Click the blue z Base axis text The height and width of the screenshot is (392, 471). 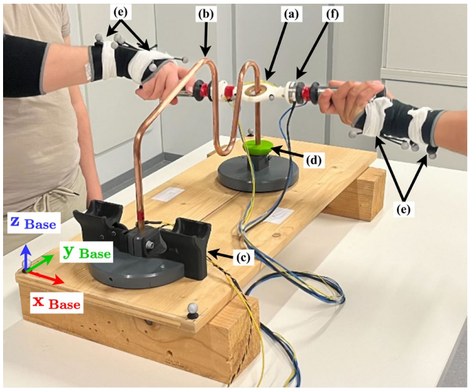pyautogui.click(x=32, y=224)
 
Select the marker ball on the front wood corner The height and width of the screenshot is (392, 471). pyautogui.click(x=194, y=309)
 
